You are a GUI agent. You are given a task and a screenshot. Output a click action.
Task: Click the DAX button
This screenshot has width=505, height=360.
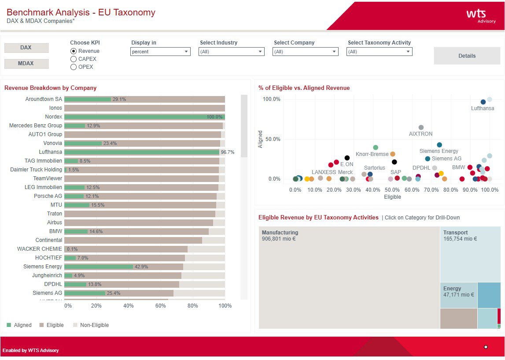coord(26,48)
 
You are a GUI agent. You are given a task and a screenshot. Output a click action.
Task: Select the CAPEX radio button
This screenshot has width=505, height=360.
coord(74,59)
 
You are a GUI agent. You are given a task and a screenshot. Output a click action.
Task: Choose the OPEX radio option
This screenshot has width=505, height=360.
coord(74,67)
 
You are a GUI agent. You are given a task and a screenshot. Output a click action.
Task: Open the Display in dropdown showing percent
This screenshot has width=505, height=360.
coord(160,52)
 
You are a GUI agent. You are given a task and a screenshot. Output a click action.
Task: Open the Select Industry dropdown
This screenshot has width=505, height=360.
coord(232,52)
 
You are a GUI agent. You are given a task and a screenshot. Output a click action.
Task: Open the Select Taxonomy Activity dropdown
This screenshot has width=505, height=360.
coord(380,52)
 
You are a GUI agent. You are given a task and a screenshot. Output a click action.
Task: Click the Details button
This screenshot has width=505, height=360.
coord(467,56)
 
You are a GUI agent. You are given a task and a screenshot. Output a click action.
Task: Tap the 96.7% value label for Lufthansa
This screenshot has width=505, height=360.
coord(228,152)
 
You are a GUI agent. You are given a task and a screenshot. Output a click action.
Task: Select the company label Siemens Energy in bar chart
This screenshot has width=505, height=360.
coord(43,267)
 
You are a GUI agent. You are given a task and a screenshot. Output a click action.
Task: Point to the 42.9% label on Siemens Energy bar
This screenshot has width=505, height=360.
coord(141,267)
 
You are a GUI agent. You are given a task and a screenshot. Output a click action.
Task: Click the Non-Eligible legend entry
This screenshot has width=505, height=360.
coord(94,325)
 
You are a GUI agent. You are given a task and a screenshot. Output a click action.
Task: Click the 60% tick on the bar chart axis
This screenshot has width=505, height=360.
coord(161,306)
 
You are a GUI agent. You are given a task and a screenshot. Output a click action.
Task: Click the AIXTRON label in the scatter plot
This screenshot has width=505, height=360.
coord(420,134)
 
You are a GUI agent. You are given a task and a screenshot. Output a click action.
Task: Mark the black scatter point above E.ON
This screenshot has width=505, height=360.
coord(347,158)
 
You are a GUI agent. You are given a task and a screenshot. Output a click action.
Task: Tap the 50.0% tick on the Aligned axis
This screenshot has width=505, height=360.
coord(271,139)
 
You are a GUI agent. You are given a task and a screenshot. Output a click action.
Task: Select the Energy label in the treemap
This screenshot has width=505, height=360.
coord(452,289)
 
